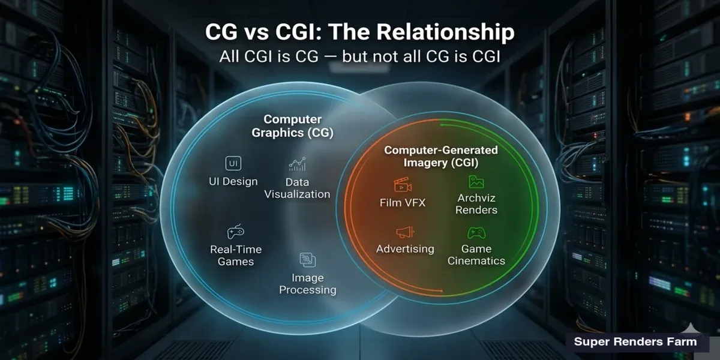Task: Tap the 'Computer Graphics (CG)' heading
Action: tap(293, 126)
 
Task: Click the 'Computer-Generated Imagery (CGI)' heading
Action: tap(441, 156)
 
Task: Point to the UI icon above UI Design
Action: tap(233, 163)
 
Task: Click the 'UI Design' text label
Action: tap(233, 181)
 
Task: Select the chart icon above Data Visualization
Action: tap(297, 164)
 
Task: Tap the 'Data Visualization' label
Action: tap(297, 188)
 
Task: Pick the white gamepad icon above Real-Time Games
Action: tap(235, 232)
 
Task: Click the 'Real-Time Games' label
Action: tap(236, 256)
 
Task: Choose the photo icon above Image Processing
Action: tap(308, 259)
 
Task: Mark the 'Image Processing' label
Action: tap(308, 284)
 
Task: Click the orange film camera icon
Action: tap(403, 185)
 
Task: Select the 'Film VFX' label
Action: tap(403, 203)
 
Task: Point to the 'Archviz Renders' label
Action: tap(476, 204)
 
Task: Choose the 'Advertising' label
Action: tap(405, 249)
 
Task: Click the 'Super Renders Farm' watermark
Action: tap(635, 341)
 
